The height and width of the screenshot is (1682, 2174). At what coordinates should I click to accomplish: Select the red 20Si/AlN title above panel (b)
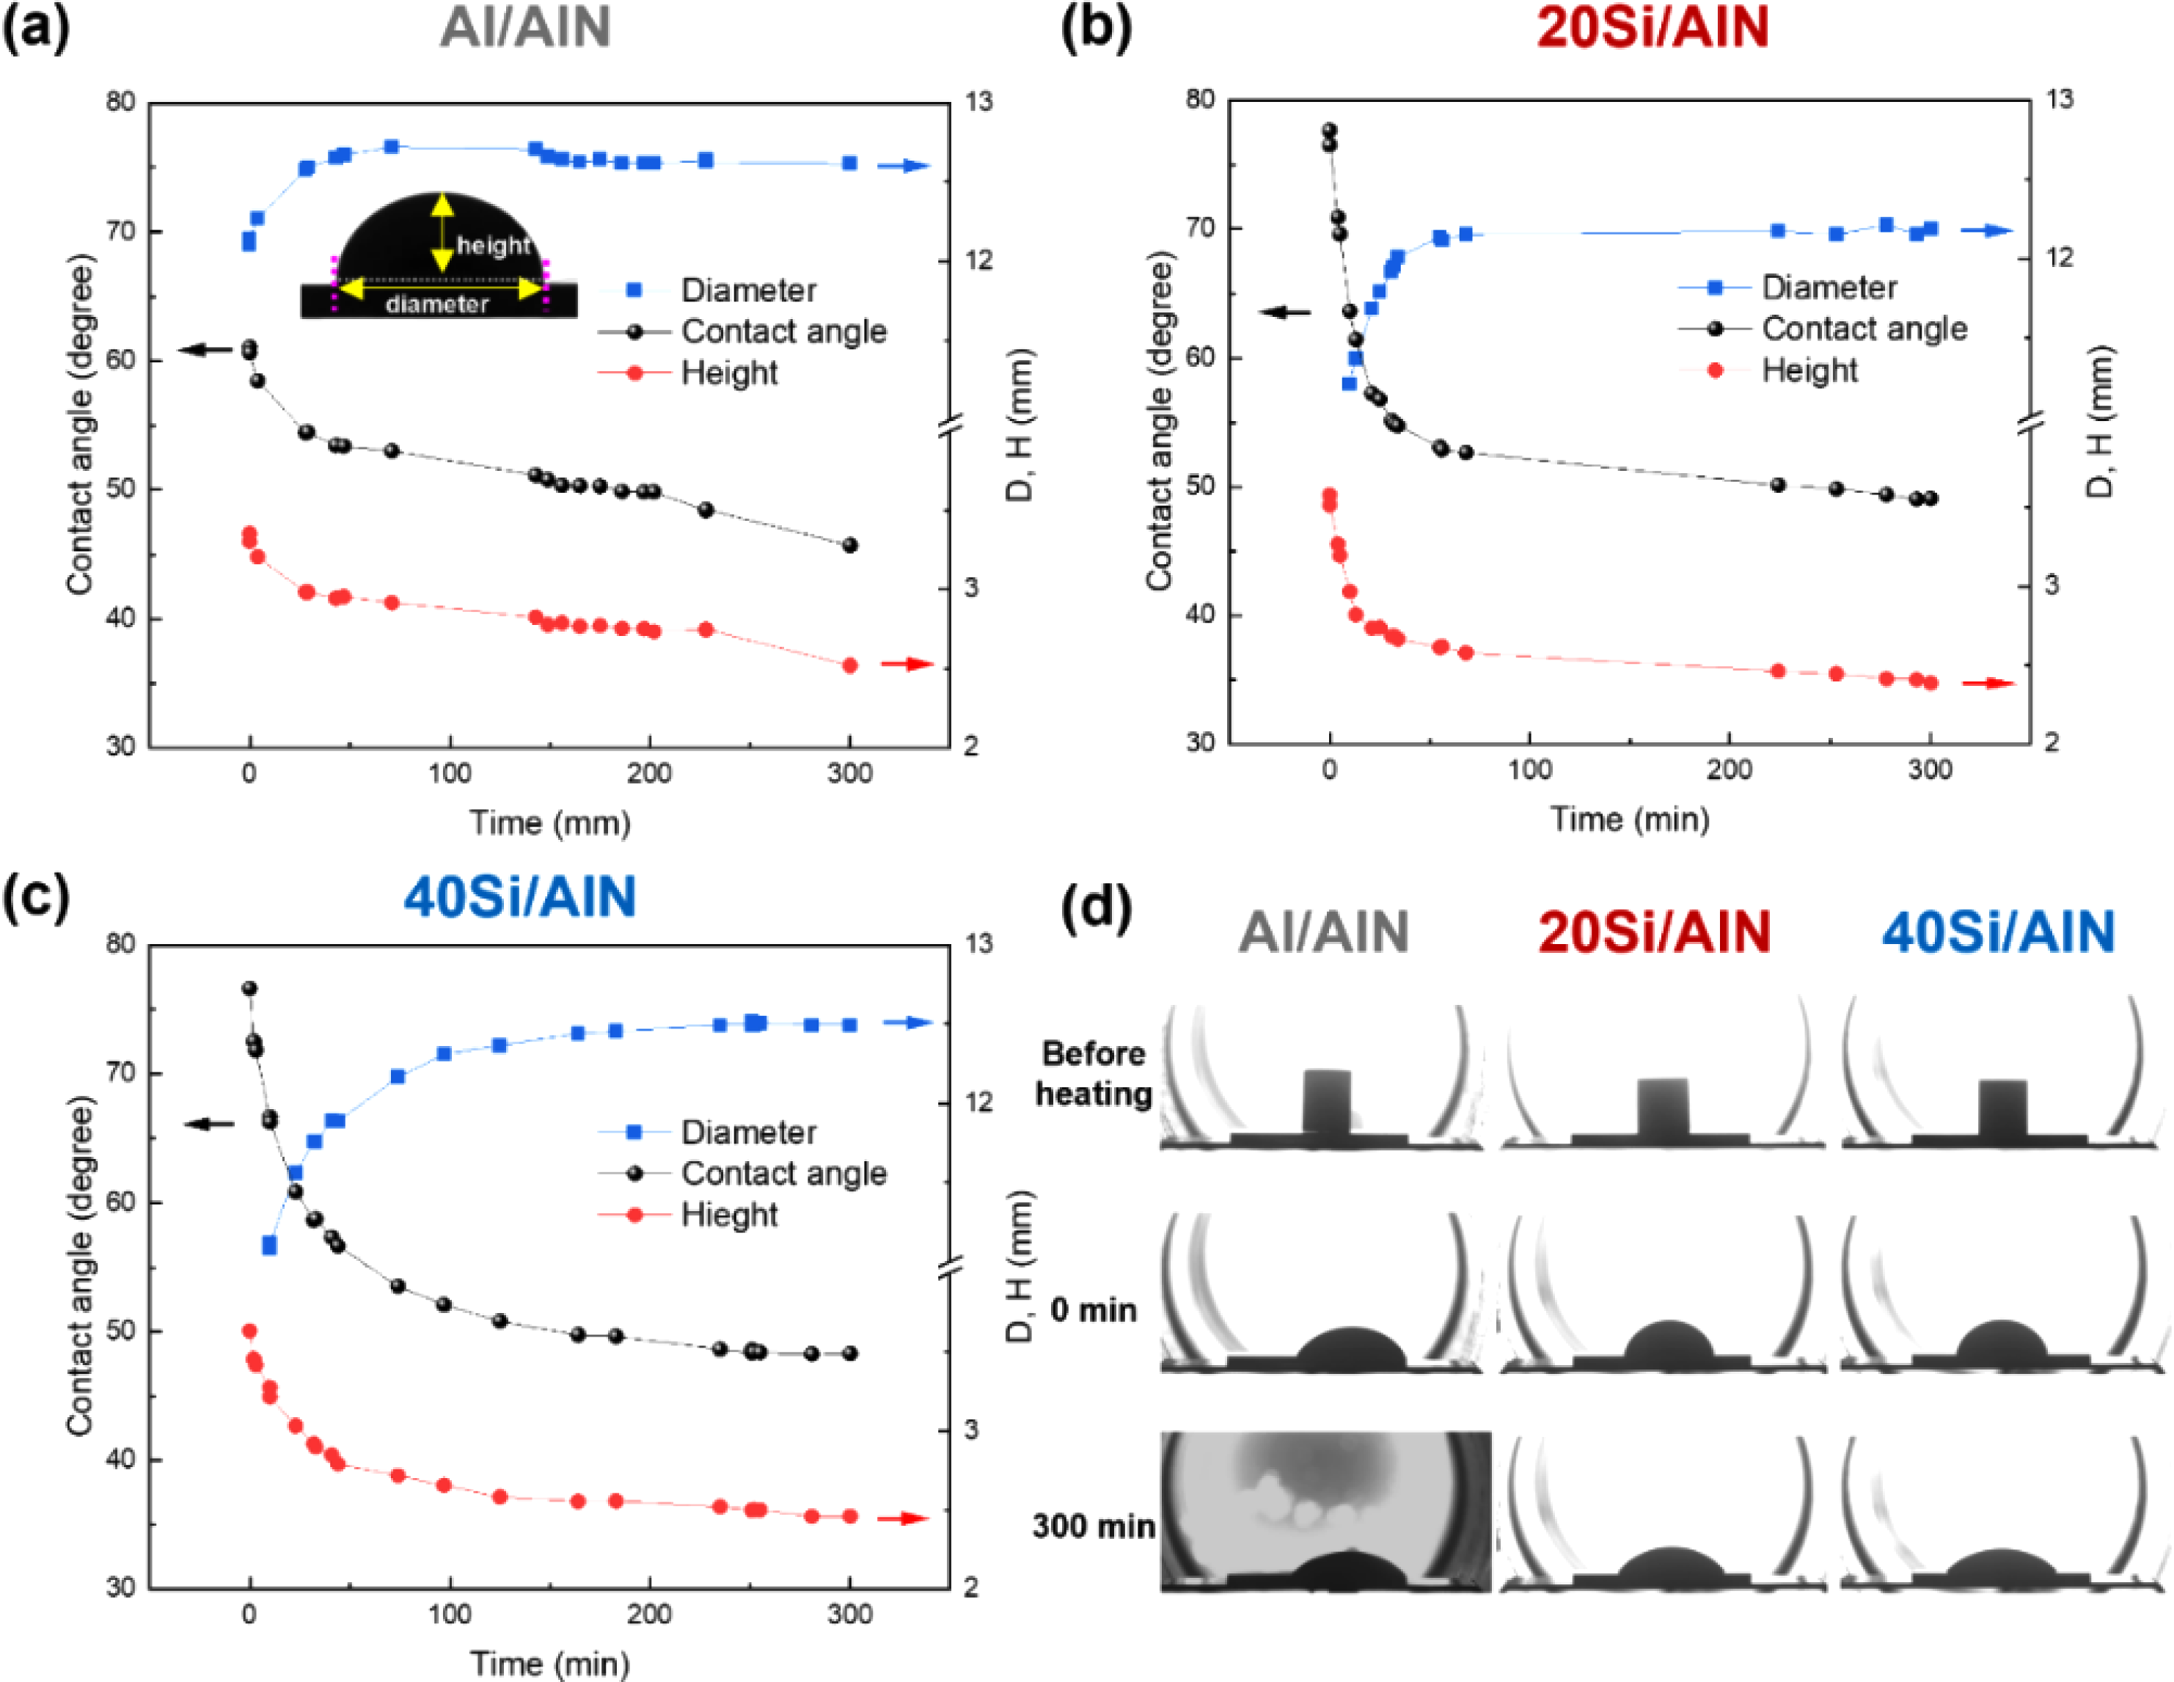[x=1653, y=27]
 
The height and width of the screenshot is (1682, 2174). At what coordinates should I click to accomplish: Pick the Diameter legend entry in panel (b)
[x=1829, y=288]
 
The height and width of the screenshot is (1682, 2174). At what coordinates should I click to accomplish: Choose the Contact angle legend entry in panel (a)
[x=783, y=332]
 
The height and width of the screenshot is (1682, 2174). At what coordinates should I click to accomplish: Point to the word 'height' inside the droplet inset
[x=493, y=245]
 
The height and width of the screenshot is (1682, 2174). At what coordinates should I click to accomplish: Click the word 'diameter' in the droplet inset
[x=437, y=304]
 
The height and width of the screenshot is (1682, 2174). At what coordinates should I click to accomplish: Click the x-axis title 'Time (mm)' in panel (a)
[x=549, y=823]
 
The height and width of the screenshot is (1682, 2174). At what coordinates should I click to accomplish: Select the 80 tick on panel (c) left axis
[x=120, y=943]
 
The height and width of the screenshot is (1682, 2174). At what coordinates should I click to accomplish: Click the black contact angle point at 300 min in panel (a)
[x=850, y=546]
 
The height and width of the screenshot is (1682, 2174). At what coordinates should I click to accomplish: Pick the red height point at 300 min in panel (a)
[x=850, y=665]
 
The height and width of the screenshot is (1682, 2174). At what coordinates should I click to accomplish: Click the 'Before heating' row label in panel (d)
[x=1093, y=1074]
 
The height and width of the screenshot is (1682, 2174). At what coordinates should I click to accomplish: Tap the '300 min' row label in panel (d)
[x=1093, y=1526]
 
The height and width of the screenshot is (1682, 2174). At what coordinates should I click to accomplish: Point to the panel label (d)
[x=1096, y=907]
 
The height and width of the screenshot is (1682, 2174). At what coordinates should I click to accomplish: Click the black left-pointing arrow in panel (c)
[x=209, y=1125]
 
